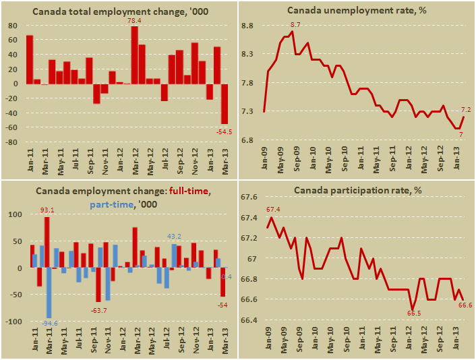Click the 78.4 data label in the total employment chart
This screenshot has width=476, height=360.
pos(135,22)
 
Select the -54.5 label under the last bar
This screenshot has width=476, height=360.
pos(223,131)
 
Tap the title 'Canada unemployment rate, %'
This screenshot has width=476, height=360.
pos(357,10)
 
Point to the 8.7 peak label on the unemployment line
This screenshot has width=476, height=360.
pos(295,25)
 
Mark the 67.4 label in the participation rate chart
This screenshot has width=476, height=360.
pos(274,210)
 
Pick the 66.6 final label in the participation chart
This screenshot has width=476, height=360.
pos(465,306)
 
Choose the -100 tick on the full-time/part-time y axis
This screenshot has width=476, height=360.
pos(13,322)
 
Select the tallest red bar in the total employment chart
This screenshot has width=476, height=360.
pos(135,55)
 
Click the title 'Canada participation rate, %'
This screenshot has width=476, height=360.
pos(357,190)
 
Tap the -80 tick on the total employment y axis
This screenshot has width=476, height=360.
pos(13,143)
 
